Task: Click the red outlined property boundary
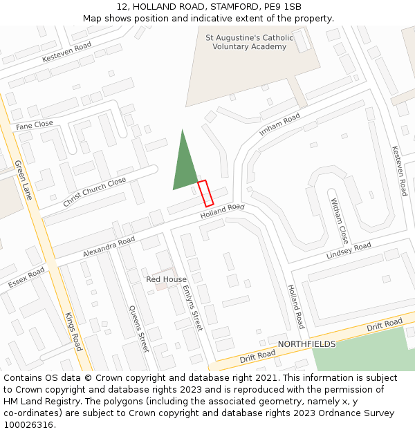pos(205,194)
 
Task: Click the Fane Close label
pos(35,125)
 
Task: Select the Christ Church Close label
pos(94,191)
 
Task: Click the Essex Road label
pos(26,278)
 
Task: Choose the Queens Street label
pos(139,328)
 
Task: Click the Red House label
pos(166,279)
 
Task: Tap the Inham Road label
pos(279,124)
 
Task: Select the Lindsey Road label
pos(349,251)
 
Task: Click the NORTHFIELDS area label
pos(306,344)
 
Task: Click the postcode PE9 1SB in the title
pos(285,6)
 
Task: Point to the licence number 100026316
pos(28,425)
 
